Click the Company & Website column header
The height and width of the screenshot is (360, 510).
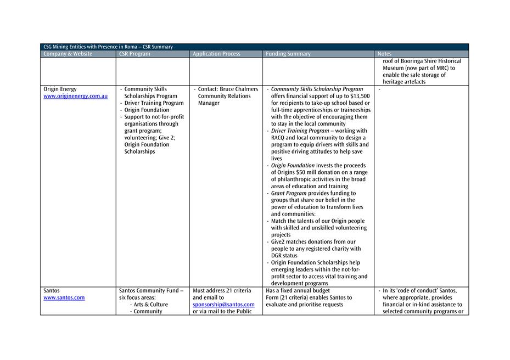pos(68,54)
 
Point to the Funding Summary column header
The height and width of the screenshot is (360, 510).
pos(288,54)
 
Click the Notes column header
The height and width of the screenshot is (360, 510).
pos(385,54)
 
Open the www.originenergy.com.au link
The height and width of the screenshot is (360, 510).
pos(76,96)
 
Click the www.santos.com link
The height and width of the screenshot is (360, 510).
pos(64,297)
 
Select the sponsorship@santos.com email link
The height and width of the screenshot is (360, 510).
pos(223,305)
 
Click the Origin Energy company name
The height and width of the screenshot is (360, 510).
pos(60,89)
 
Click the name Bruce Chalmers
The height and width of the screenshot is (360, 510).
pos(239,89)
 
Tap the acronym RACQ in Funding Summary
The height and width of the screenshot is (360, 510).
pos(281,138)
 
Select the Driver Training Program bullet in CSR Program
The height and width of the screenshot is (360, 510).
pos(154,103)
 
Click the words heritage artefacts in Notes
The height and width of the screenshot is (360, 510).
pos(404,82)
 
